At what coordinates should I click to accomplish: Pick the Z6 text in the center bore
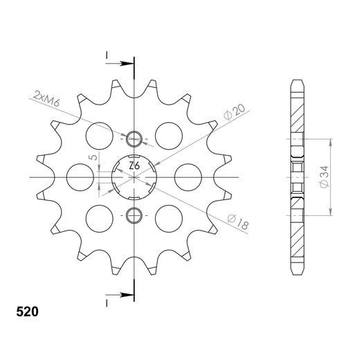[x=134, y=168]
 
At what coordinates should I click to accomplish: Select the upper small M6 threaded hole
[x=135, y=139]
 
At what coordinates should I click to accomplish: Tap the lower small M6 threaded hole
[x=135, y=215]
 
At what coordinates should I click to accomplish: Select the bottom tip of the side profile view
[x=296, y=276]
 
